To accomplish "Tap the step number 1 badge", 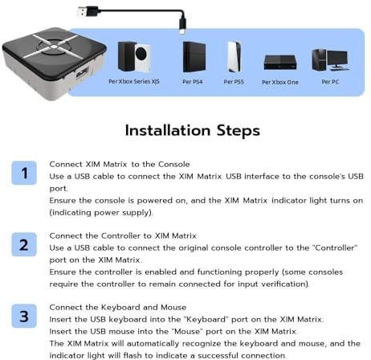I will pyautogui.click(x=24, y=173).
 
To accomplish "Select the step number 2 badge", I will pyautogui.click(x=24, y=244).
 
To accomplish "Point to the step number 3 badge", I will pyautogui.click(x=24, y=317).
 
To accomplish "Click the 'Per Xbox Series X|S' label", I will pyautogui.click(x=133, y=82).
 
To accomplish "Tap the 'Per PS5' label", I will pyautogui.click(x=234, y=82).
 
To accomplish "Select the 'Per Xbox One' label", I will pyautogui.click(x=281, y=82).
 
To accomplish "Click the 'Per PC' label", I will pyautogui.click(x=330, y=82).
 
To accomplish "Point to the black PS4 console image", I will pyautogui.click(x=194, y=56).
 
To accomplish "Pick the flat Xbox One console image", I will pyautogui.click(x=281, y=62).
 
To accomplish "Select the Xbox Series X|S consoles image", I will pyautogui.click(x=133, y=55).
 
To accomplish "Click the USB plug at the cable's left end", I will pyautogui.click(x=86, y=11).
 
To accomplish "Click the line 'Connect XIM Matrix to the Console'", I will pyautogui.click(x=109, y=163).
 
